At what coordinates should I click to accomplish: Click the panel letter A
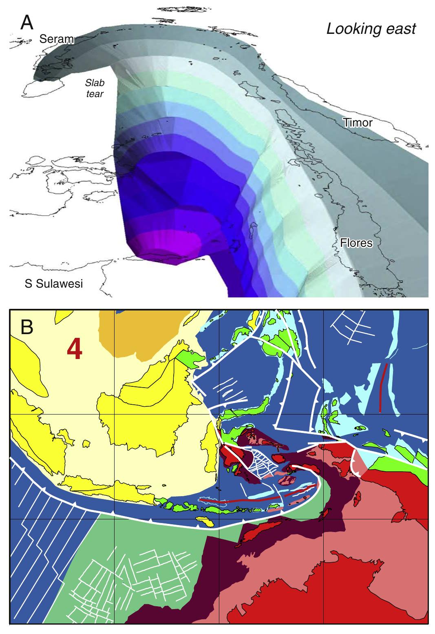(27, 23)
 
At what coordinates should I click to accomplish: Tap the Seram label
(56, 39)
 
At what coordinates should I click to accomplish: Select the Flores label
(357, 243)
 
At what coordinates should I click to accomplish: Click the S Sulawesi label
(53, 284)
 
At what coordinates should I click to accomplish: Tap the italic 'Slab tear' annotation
(95, 87)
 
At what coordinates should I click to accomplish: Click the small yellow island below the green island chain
(204, 521)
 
